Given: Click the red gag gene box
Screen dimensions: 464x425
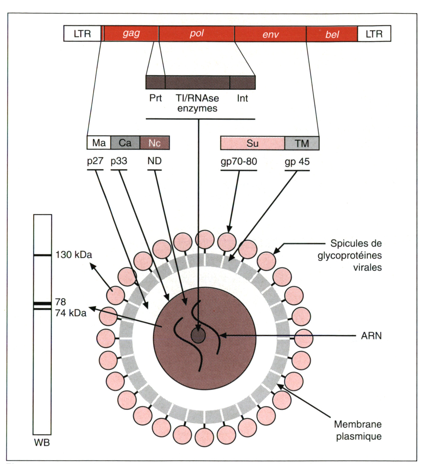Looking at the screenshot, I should pyautogui.click(x=131, y=34).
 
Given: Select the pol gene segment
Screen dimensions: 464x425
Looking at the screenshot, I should pyautogui.click(x=197, y=34).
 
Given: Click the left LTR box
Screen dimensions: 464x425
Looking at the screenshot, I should pyautogui.click(x=82, y=34).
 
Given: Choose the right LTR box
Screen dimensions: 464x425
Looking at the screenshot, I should pyautogui.click(x=374, y=34).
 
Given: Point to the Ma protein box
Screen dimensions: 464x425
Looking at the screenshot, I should pyautogui.click(x=99, y=143).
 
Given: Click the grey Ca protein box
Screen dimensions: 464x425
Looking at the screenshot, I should pyautogui.click(x=125, y=143).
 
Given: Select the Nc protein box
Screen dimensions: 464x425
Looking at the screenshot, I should pyautogui.click(x=155, y=143).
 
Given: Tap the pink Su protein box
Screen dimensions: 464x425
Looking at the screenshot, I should pyautogui.click(x=252, y=143).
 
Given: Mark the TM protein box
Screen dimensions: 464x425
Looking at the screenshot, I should pyautogui.click(x=302, y=143).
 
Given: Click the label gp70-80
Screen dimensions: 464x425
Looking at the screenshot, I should pyautogui.click(x=239, y=162).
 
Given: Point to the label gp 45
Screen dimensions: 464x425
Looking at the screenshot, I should pyautogui.click(x=297, y=162).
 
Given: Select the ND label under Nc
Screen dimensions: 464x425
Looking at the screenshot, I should pyautogui.click(x=154, y=161).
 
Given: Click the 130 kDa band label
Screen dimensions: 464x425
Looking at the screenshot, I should pyautogui.click(x=74, y=255).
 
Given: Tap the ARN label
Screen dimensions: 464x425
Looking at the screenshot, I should pyautogui.click(x=371, y=336).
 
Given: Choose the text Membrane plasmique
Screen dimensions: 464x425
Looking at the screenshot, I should pyautogui.click(x=358, y=430).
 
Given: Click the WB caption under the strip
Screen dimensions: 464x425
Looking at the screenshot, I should pyautogui.click(x=42, y=442).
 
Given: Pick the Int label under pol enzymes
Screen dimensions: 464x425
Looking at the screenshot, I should pyautogui.click(x=242, y=98).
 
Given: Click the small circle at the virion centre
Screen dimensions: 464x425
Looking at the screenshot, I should pyautogui.click(x=198, y=335).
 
